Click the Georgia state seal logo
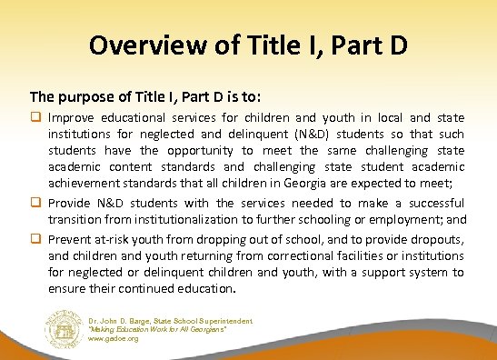[x=63, y=329]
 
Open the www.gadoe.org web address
[x=112, y=338]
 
